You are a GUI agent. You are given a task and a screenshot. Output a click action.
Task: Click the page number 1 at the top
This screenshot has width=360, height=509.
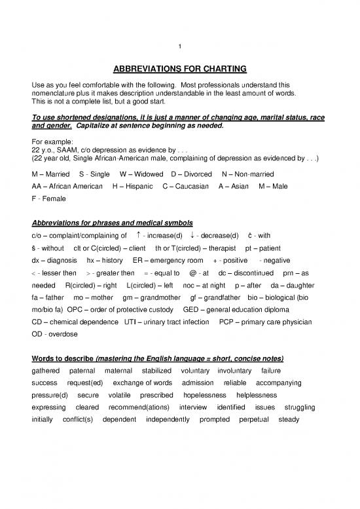(x=179, y=45)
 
